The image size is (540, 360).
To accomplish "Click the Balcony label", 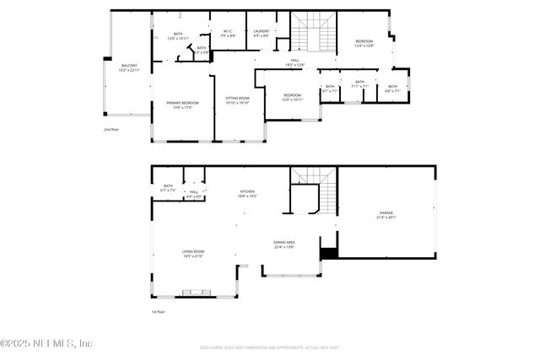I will (x=129, y=67).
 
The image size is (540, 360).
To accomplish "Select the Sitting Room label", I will (x=237, y=99).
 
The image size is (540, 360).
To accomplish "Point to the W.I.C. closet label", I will (x=228, y=35).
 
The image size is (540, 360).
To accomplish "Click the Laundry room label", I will (x=262, y=34).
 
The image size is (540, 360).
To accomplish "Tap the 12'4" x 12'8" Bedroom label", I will (x=364, y=43).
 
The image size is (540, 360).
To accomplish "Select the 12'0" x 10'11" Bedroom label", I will (x=292, y=97).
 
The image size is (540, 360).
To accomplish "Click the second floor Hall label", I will (x=295, y=62).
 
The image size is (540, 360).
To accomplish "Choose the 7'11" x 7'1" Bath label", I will (x=360, y=86).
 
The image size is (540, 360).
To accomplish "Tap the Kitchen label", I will (x=247, y=194).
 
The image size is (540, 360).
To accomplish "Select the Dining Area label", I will (x=283, y=245).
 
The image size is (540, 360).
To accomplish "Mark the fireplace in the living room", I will (x=198, y=293).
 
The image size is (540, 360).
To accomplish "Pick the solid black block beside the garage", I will (x=328, y=251).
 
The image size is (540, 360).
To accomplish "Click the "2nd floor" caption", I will (x=111, y=130).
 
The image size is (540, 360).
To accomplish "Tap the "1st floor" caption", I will (x=158, y=312).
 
